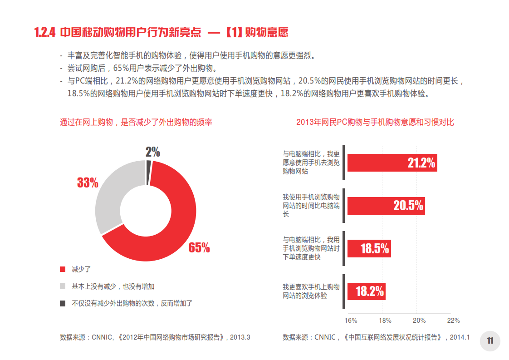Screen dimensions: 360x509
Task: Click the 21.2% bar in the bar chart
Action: (392, 163)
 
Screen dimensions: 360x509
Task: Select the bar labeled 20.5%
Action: (386, 206)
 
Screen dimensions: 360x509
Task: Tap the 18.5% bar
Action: (369, 248)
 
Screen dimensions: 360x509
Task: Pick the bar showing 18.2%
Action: (366, 291)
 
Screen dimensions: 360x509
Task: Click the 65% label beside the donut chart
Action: (199, 247)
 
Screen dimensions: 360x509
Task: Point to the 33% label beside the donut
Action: (88, 182)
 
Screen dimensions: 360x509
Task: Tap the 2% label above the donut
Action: (153, 152)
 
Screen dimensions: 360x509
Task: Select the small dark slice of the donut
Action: (148, 173)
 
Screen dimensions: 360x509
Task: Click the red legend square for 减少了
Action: (63, 269)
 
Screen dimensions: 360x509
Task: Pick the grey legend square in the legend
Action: (63, 286)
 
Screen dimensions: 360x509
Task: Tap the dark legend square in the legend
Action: (63, 303)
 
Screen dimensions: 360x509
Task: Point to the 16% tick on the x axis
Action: (351, 321)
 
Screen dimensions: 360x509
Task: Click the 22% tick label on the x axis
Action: (453, 321)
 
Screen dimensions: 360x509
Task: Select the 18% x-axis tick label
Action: (385, 321)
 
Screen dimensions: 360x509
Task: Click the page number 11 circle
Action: (490, 341)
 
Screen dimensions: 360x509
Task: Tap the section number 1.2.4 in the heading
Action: (44, 33)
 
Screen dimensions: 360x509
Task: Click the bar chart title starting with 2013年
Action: (375, 123)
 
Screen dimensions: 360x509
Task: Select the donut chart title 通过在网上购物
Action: (136, 123)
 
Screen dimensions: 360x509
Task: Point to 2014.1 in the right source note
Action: (460, 337)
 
